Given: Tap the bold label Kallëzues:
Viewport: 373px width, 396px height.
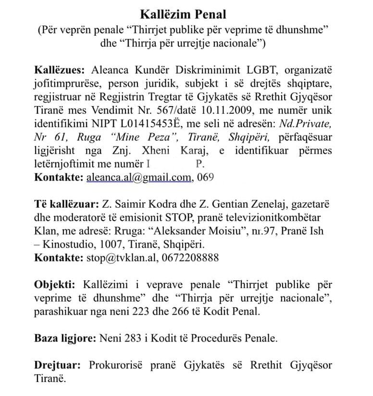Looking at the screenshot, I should tap(58, 70).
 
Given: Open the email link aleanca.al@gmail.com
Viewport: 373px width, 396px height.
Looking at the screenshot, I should tap(138, 177).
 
